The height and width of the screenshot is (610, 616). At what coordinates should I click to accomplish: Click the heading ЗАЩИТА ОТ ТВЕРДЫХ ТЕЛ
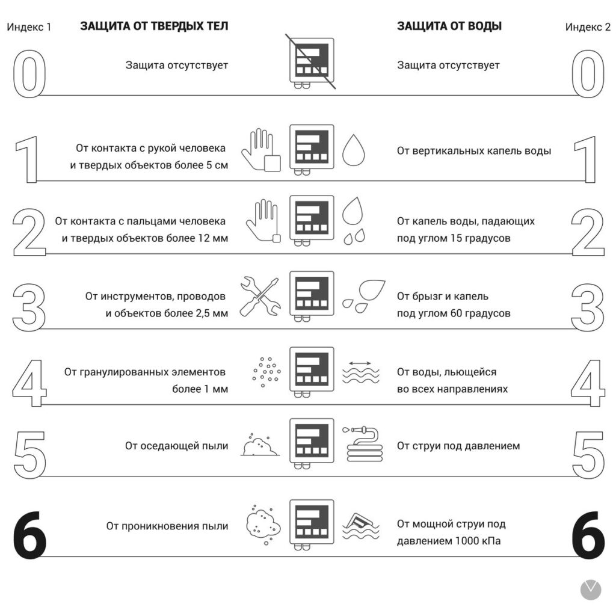(x=154, y=26)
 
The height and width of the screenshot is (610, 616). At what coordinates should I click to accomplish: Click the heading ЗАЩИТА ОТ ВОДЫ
(x=449, y=26)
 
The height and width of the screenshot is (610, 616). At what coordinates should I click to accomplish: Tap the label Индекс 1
(x=29, y=26)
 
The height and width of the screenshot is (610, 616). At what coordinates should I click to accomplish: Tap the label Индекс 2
(x=588, y=26)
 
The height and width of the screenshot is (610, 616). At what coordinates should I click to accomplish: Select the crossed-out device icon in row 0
(x=311, y=62)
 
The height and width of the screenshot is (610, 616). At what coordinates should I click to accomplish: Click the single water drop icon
(x=354, y=150)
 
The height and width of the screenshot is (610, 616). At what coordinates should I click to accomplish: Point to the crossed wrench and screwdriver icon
(x=260, y=297)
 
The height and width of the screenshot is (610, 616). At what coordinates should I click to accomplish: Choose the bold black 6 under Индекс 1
(x=30, y=535)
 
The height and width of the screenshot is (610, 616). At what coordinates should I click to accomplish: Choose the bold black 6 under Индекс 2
(x=588, y=535)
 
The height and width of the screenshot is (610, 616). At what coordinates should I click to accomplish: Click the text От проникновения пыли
(x=167, y=526)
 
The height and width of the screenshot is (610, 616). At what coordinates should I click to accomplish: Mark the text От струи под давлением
(x=458, y=446)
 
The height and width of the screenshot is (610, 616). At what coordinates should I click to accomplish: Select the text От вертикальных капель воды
(x=474, y=151)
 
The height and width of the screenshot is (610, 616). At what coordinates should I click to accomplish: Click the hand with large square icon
(x=261, y=150)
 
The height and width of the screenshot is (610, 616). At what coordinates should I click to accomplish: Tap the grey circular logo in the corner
(x=591, y=590)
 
